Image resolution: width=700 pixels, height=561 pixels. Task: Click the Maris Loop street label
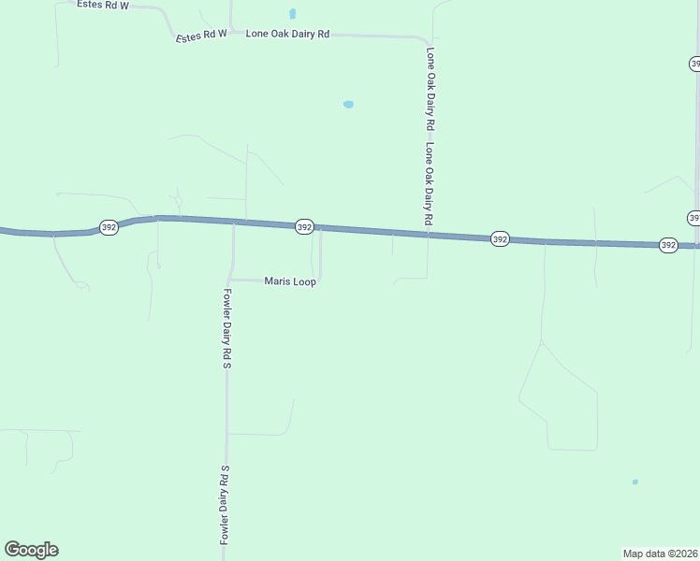coord(290,280)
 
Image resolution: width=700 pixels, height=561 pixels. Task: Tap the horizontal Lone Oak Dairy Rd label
coord(287,34)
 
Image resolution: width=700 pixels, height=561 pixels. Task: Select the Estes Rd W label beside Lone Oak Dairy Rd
coord(202,35)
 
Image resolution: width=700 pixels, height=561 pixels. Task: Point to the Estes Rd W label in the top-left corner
coord(103,5)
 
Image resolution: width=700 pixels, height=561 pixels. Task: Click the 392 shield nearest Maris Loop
coord(304,227)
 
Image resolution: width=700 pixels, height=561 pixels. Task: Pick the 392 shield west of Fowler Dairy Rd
coord(109,227)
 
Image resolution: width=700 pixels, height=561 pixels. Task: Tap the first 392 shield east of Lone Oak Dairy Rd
coord(500,239)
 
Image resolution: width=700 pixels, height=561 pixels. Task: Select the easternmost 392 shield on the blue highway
coord(667,245)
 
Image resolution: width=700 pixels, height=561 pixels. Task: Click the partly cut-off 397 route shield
coord(693,217)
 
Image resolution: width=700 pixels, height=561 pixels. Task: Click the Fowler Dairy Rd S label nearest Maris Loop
coord(226,327)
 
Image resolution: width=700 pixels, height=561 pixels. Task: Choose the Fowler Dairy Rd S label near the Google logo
coord(225,505)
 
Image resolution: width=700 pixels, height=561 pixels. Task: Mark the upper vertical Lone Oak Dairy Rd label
coord(430,88)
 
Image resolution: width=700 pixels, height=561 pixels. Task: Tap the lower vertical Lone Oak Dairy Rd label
coord(429,183)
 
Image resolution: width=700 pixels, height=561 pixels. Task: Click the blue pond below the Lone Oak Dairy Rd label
coord(348,105)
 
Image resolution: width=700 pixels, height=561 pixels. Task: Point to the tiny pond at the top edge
coord(293,14)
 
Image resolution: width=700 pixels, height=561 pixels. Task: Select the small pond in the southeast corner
coord(634,482)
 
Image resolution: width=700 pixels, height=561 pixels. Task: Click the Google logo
coord(31,550)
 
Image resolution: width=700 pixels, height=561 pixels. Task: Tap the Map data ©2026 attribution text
coord(660,553)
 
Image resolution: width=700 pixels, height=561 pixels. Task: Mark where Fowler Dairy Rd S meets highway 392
coord(233,223)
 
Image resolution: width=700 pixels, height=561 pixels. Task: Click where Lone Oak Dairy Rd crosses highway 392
coord(429,234)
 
